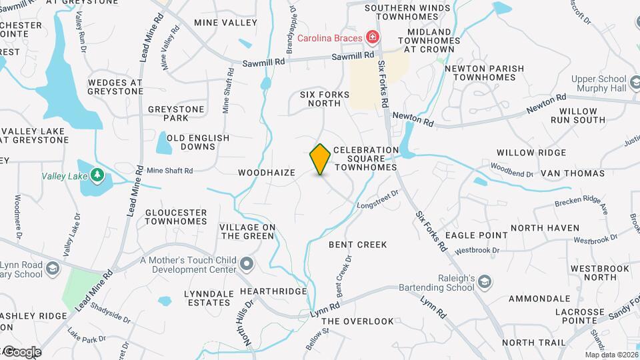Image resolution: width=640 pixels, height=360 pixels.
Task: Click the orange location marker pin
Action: [x=321, y=159]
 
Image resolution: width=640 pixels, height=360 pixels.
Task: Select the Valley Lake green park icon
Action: [x=99, y=175]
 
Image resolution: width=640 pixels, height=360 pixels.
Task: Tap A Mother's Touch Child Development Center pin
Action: [x=247, y=264]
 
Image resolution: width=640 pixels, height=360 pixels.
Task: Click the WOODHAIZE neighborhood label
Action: [x=267, y=173]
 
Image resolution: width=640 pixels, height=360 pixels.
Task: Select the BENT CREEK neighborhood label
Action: [x=358, y=245]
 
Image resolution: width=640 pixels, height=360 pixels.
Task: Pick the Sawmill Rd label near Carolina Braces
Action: [x=353, y=57]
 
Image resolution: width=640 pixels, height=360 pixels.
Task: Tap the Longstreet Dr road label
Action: [x=377, y=199]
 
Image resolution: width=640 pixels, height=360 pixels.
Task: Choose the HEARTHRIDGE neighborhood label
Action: [x=274, y=292]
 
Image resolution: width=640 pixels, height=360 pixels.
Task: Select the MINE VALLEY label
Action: [x=225, y=23]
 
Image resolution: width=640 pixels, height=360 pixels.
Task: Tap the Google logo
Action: [x=21, y=352]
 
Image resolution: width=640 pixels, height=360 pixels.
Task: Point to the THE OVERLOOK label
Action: [x=359, y=321]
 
